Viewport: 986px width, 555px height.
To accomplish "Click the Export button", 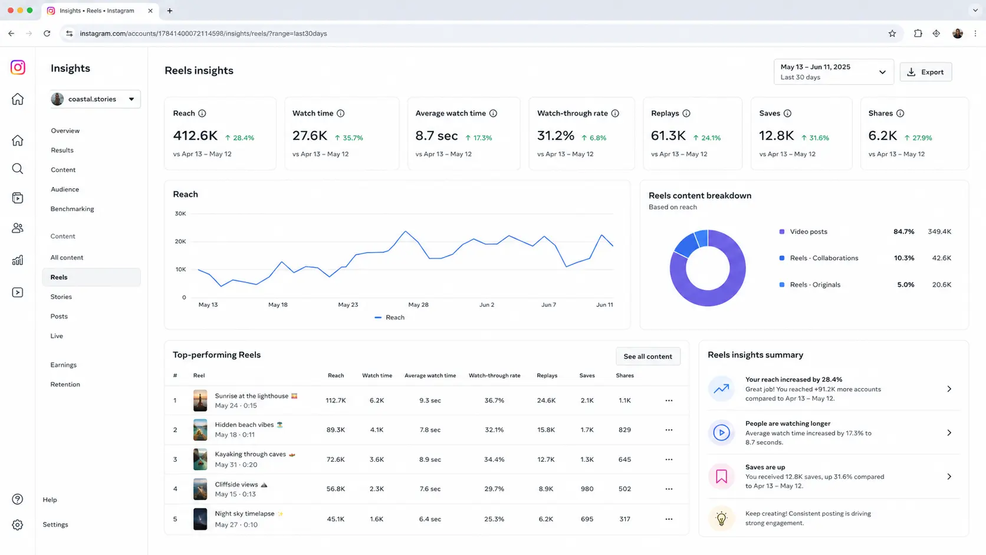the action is [926, 72].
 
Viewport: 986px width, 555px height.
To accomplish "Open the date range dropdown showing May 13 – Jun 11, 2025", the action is [834, 72].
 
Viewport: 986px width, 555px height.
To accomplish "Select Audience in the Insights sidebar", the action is [65, 189].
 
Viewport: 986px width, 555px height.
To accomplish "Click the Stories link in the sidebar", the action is [61, 297].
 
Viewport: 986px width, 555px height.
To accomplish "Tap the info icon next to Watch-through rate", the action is [615, 113].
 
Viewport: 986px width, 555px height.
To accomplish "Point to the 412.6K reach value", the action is [195, 136].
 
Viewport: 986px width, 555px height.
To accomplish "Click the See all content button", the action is [648, 356].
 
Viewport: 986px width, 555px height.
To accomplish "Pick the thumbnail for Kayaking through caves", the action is [200, 459].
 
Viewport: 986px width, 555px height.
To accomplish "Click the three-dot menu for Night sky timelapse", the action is [669, 519].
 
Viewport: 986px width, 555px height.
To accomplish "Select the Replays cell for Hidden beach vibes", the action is [546, 429].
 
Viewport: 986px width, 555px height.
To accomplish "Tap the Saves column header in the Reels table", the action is [587, 376].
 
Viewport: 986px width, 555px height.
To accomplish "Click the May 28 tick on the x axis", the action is [418, 304].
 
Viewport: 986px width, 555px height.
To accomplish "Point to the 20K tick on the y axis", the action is [180, 241].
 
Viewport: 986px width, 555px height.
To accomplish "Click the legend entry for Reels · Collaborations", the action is [824, 258].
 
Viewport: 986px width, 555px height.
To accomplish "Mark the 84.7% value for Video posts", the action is [903, 232].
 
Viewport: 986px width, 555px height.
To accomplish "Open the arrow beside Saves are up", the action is [949, 477].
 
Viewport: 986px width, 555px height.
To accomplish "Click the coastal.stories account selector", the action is [96, 99].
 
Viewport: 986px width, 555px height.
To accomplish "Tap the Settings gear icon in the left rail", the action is [18, 525].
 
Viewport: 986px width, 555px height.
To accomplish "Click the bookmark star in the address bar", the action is [892, 34].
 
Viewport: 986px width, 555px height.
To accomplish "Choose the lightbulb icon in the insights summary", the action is [721, 518].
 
